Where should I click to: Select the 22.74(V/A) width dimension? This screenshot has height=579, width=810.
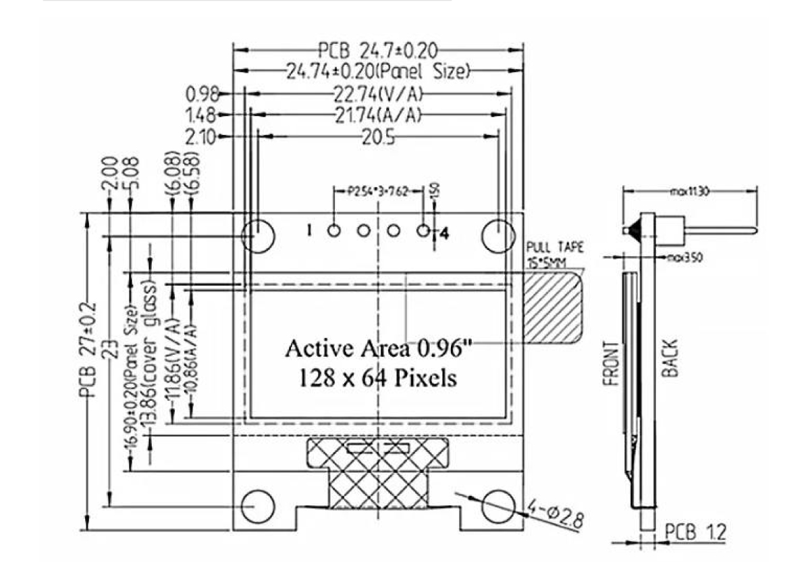coord(379,93)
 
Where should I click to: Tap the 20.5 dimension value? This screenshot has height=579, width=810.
coord(378,137)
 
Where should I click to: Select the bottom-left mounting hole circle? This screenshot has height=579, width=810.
coord(259,506)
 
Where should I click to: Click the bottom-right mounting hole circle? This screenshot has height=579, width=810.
coord(499,506)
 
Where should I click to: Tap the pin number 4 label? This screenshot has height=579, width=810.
coord(444,234)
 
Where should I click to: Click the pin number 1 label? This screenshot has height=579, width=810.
coord(309,231)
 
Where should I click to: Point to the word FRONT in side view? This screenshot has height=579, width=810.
coord(612,363)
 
